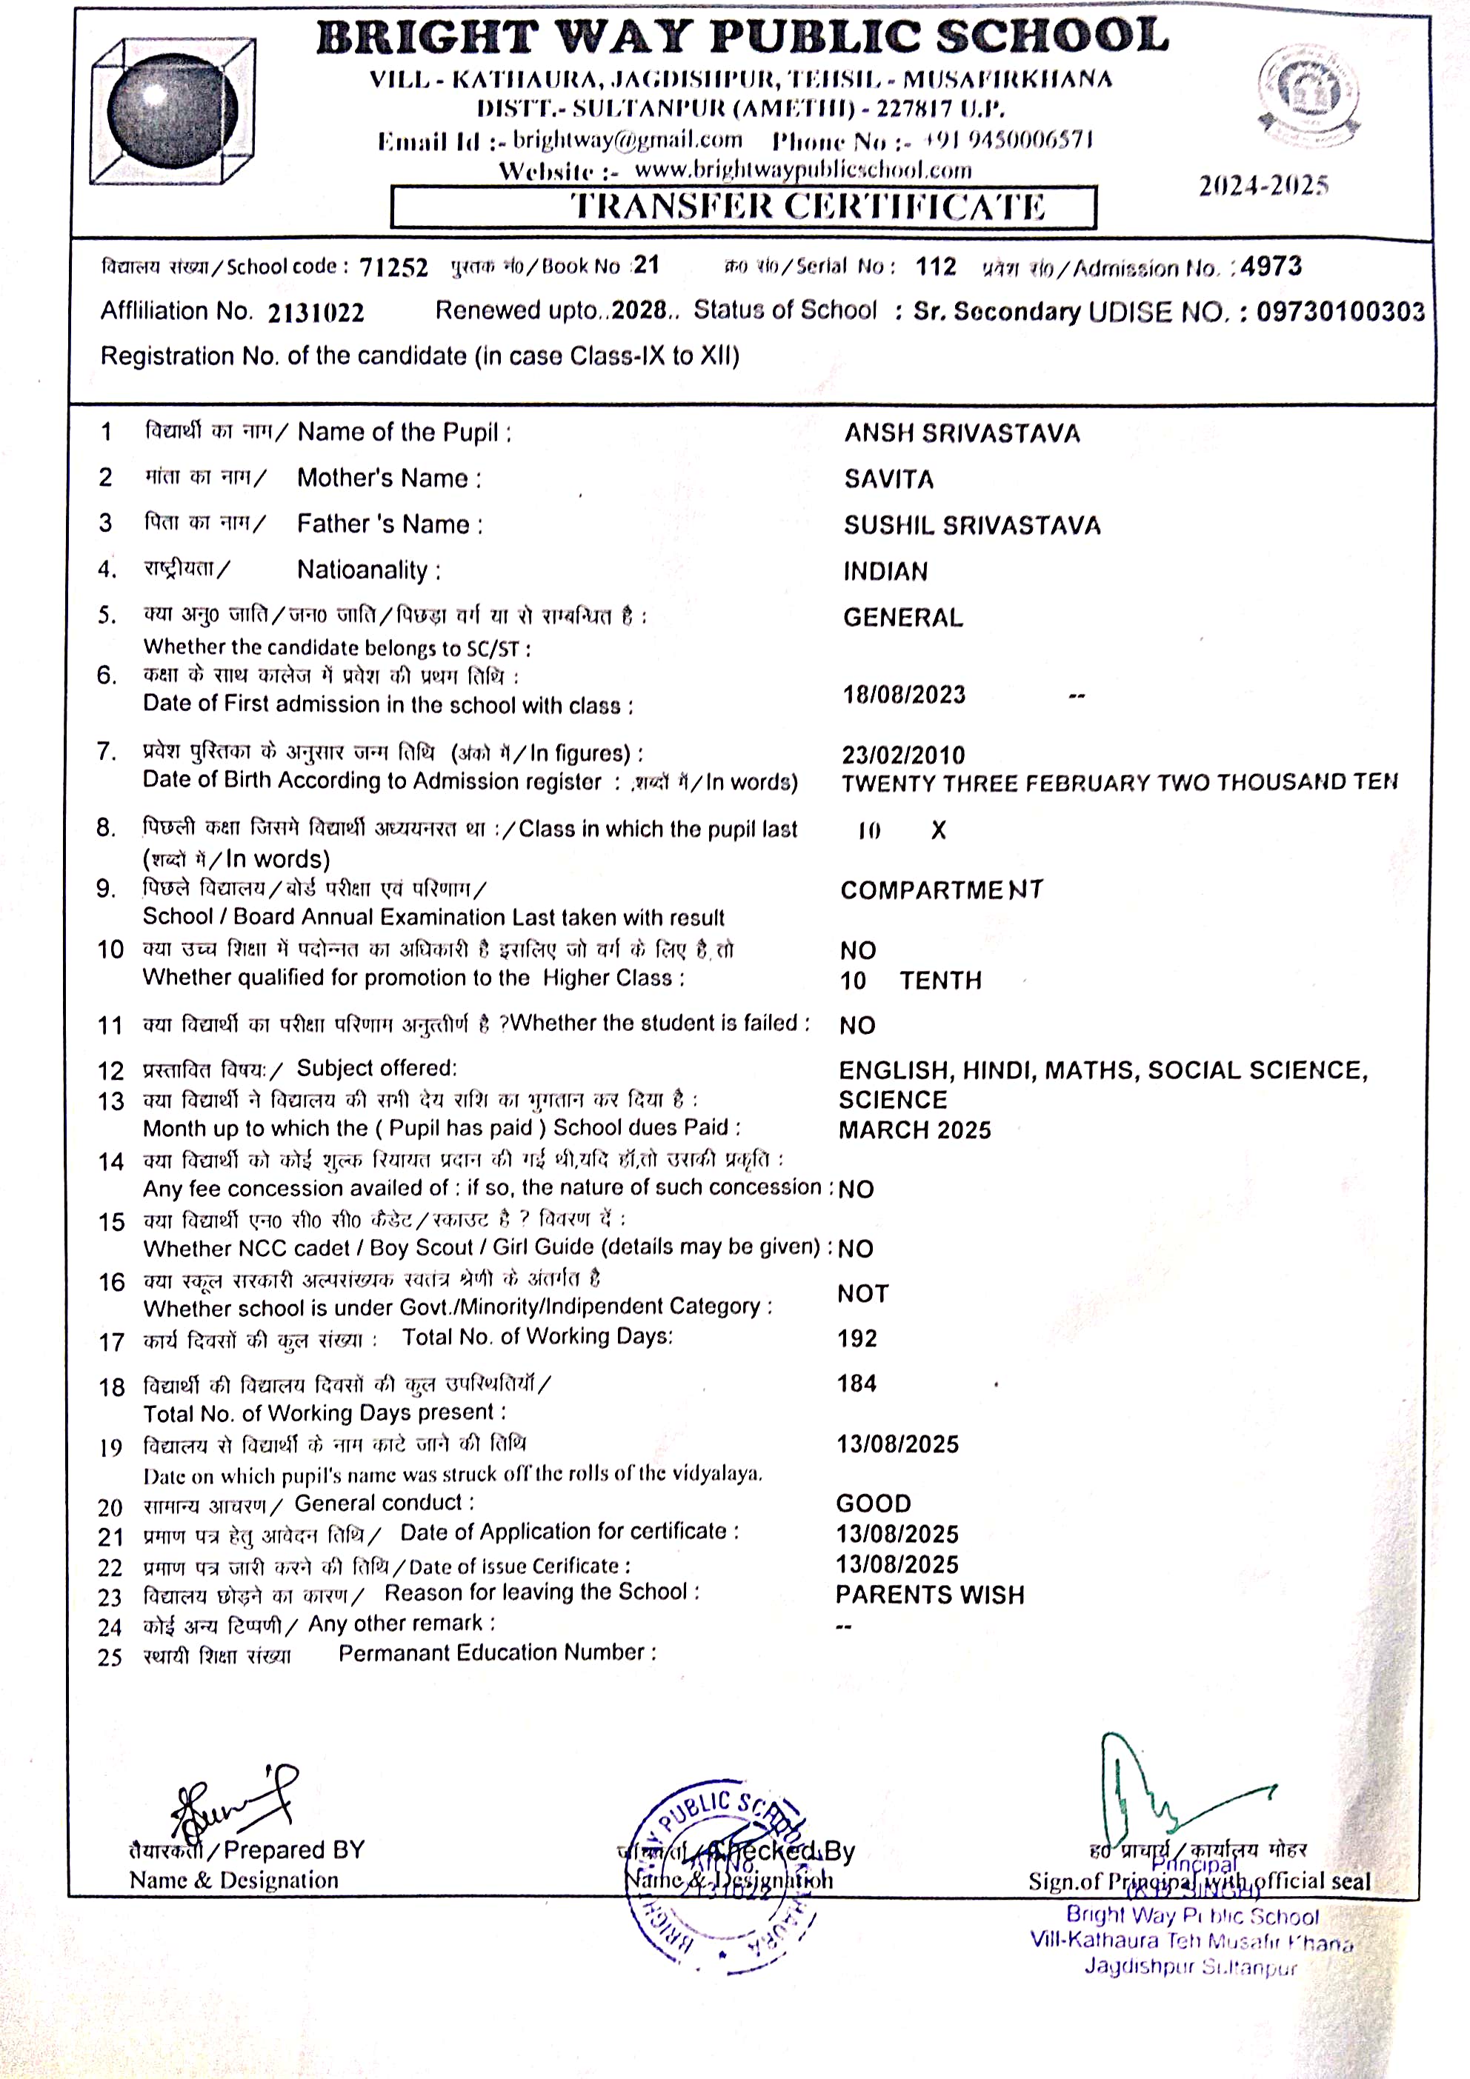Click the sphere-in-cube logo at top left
[x=172, y=110]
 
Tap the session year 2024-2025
[x=1263, y=186]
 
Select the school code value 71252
[x=393, y=267]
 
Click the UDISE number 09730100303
[x=1340, y=312]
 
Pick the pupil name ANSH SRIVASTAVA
[x=962, y=434]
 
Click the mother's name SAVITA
[x=888, y=479]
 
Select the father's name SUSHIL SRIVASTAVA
[x=972, y=525]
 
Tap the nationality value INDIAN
[x=885, y=571]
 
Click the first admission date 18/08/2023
[x=904, y=695]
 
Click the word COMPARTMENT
[x=941, y=890]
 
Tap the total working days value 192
[x=857, y=1338]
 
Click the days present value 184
[x=857, y=1384]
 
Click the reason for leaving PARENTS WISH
[x=929, y=1595]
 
